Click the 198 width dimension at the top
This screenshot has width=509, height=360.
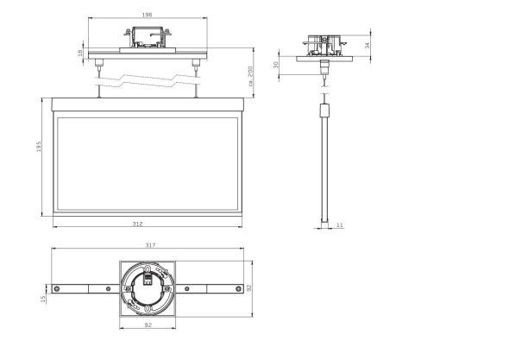(x=146, y=15)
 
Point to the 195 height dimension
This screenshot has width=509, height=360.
(x=38, y=148)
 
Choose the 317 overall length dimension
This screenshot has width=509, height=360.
(x=150, y=246)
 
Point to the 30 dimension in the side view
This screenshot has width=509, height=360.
(x=276, y=65)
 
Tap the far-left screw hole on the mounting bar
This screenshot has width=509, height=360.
(x=56, y=288)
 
